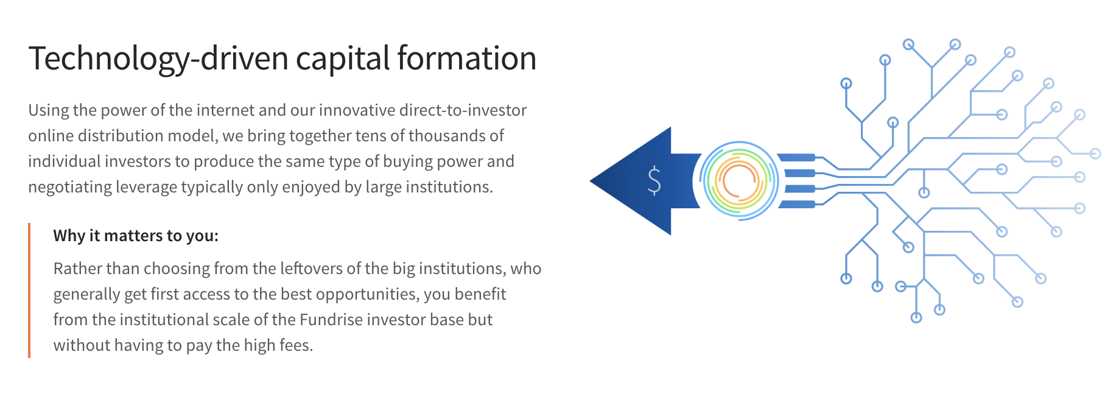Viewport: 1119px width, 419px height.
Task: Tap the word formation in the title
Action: point(467,58)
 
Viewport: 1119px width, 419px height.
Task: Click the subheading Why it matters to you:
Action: point(136,236)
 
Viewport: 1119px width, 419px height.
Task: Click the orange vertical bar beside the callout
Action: point(29,290)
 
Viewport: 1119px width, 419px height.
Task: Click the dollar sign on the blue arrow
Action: point(654,180)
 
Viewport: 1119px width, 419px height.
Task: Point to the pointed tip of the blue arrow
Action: point(591,181)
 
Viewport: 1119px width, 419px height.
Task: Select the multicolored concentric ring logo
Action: point(739,181)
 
